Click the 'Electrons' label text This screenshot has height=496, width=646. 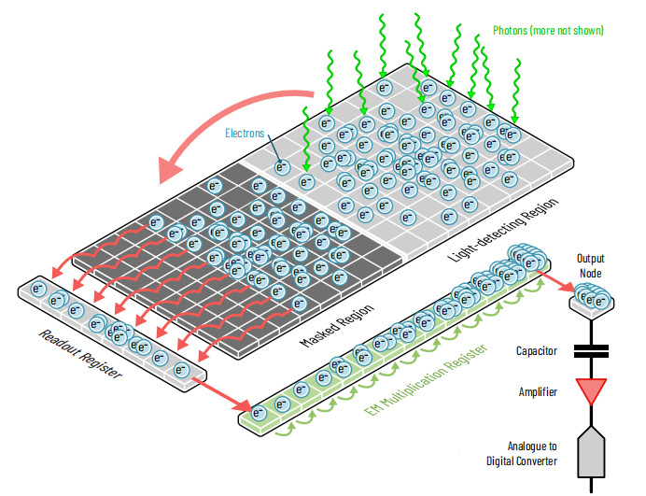246,133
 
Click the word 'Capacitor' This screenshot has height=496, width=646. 538,351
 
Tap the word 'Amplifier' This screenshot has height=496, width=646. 539,391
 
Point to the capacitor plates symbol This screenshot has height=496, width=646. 592,351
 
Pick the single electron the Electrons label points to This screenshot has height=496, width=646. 282,167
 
